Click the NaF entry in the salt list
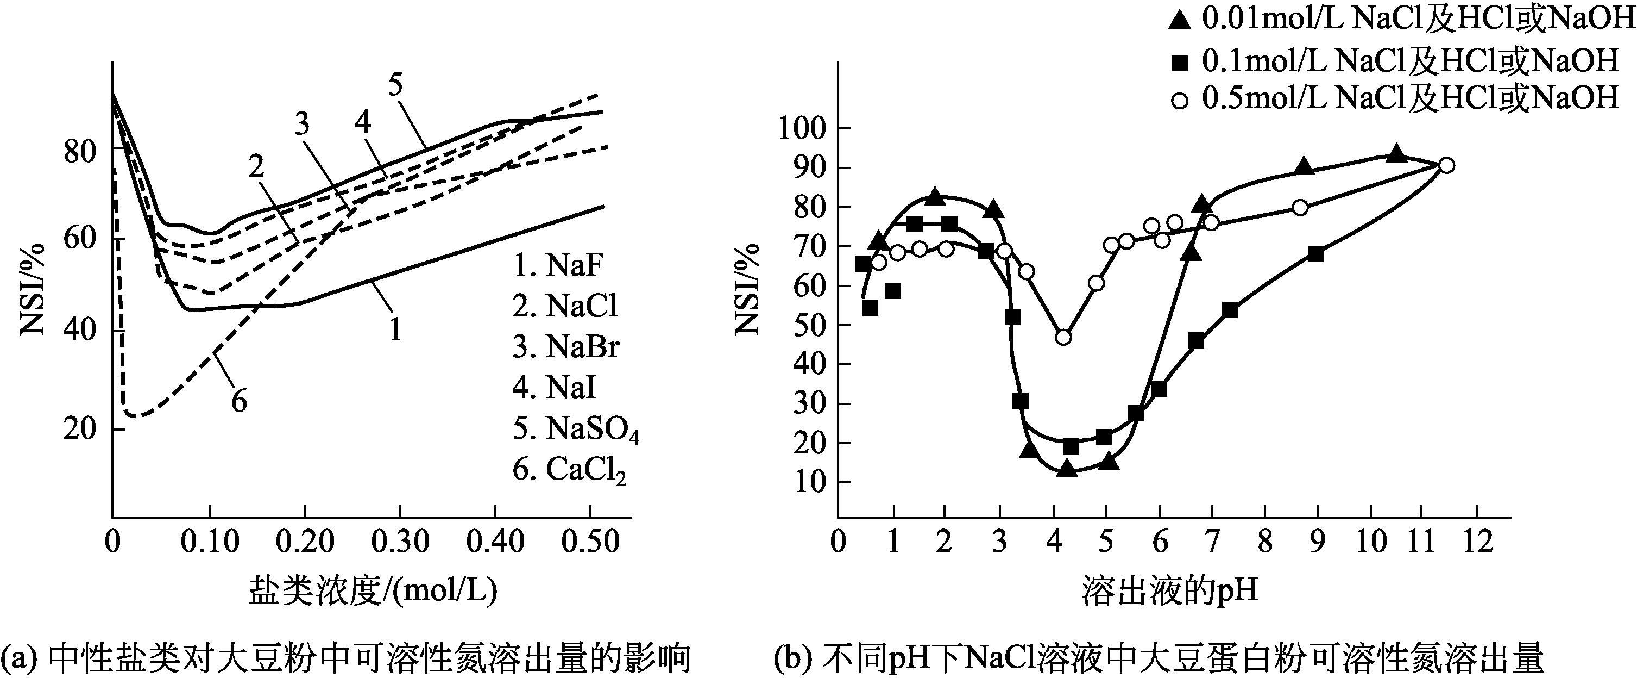(x=557, y=265)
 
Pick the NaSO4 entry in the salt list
(x=576, y=430)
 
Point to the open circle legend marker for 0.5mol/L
(x=1180, y=101)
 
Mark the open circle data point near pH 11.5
(x=1446, y=165)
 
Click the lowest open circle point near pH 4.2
(x=1063, y=337)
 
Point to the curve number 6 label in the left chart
(x=239, y=401)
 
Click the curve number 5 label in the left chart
(x=396, y=85)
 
